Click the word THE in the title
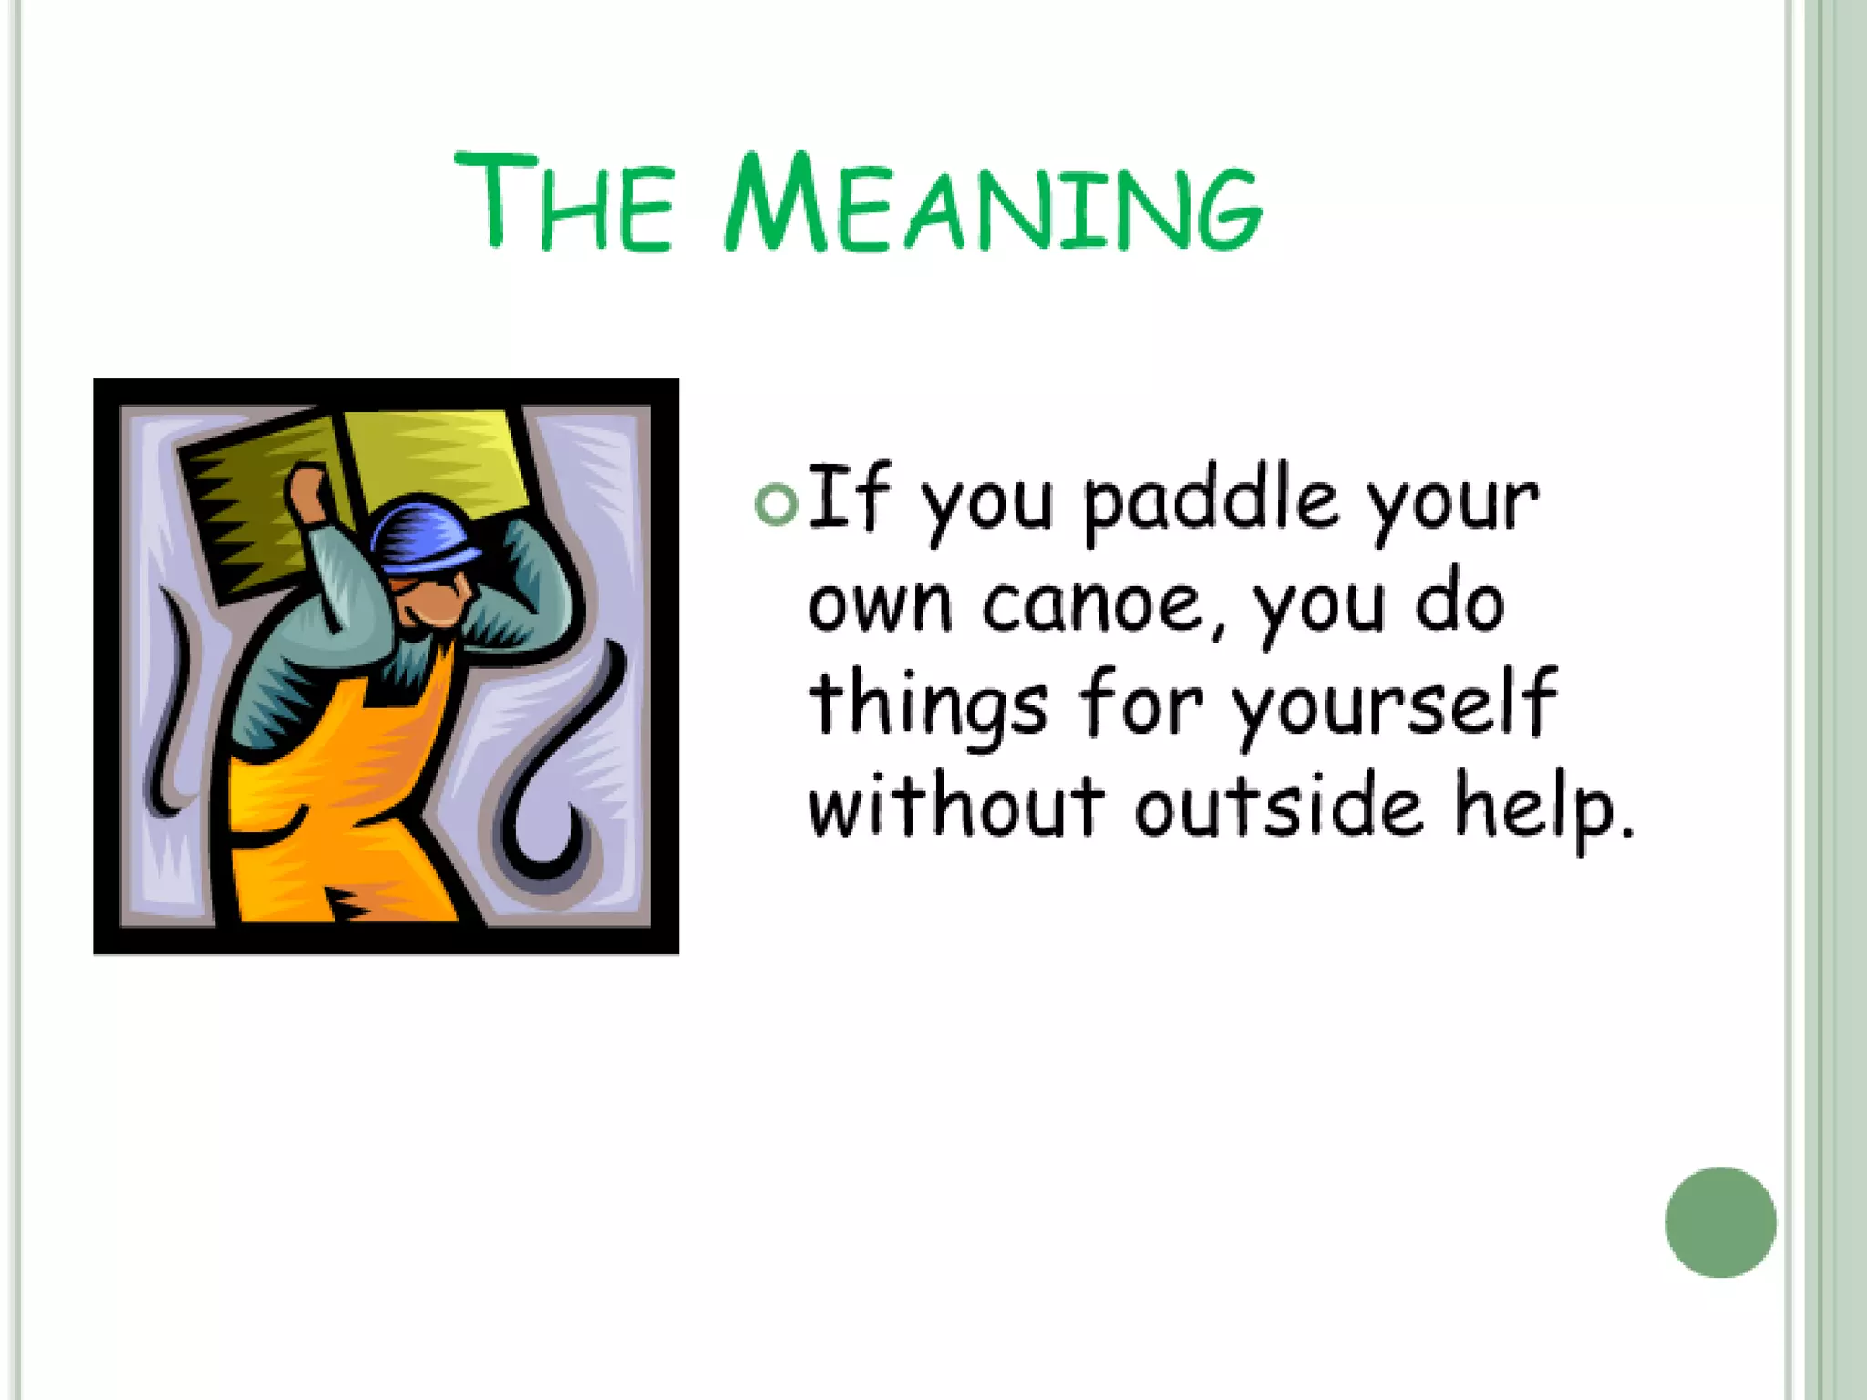point(563,202)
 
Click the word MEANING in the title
point(994,202)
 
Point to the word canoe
point(1101,605)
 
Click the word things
point(928,706)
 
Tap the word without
point(955,806)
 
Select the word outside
point(1278,806)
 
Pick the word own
point(879,605)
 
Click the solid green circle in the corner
point(1719,1222)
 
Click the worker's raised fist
point(308,492)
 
